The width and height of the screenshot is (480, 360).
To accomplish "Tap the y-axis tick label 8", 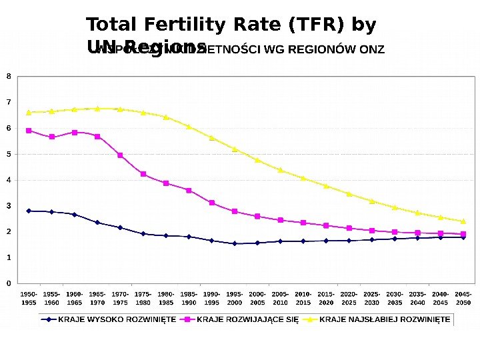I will (x=9, y=76).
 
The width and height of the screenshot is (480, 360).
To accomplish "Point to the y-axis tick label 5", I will (x=9, y=154).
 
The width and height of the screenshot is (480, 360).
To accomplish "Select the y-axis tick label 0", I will (x=9, y=283).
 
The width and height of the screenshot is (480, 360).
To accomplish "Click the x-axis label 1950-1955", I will (x=29, y=298).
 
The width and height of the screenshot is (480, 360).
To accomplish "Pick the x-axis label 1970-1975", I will (x=120, y=298).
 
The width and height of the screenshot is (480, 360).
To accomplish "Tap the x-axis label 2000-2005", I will (x=257, y=298).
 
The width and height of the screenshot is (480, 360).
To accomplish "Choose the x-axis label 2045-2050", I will (x=463, y=298).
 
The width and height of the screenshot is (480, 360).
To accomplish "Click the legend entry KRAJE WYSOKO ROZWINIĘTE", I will (x=117, y=319).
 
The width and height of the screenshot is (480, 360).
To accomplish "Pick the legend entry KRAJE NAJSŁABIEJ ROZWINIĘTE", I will (x=385, y=319).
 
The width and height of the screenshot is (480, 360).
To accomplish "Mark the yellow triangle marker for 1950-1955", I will (x=29, y=112).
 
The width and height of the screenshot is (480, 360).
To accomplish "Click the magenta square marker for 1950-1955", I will (x=29, y=131).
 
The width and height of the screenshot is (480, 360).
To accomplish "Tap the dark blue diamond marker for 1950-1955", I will (x=29, y=211).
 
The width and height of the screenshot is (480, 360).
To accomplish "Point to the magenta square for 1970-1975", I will (x=120, y=155).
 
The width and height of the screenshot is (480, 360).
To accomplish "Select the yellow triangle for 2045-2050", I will (x=463, y=221).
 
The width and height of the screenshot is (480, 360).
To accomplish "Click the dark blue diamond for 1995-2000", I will (x=235, y=243).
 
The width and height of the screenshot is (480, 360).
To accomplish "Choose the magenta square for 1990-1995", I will (x=211, y=203).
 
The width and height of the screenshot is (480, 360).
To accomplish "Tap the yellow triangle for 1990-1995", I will (x=211, y=138).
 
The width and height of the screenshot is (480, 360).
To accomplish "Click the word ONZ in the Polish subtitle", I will (x=371, y=50).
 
